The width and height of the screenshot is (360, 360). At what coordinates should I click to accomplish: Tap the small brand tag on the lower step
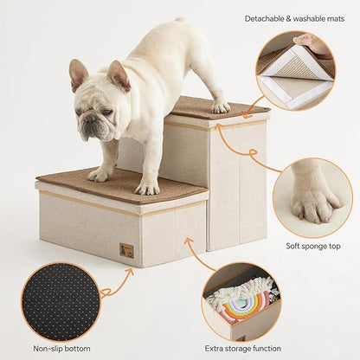tap(126, 250)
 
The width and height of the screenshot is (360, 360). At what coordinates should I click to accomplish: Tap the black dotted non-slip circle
tap(61, 302)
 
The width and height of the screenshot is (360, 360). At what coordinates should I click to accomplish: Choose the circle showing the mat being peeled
tap(295, 70)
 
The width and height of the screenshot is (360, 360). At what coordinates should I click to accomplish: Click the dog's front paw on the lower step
tap(147, 186)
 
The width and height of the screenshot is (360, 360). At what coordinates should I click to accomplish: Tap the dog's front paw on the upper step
tap(220, 106)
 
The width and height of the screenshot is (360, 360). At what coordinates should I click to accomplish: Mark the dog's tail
tap(179, 21)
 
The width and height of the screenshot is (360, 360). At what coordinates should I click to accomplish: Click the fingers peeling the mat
tap(305, 39)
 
